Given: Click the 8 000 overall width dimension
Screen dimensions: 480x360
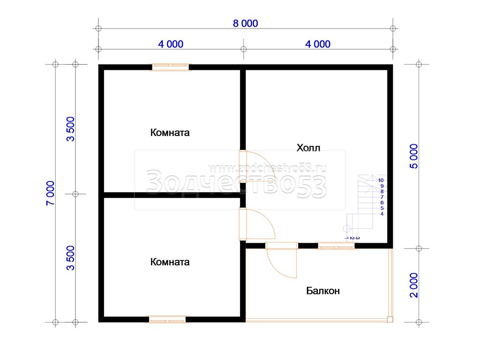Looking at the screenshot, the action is (245, 23).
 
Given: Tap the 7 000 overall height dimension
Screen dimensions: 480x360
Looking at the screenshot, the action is (50, 193).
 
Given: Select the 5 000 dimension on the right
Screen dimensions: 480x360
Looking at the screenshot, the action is (413, 156).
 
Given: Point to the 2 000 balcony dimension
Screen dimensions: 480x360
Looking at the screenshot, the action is (413, 285).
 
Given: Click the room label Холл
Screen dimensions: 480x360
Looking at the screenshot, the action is (308, 148).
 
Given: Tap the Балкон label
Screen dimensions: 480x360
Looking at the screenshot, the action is (323, 291).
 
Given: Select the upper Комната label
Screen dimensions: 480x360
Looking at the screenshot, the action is (170, 133).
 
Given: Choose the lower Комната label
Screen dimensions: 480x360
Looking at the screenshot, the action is (170, 262).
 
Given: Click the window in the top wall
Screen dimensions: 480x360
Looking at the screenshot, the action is (171, 67).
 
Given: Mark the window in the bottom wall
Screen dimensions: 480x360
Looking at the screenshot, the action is (167, 320).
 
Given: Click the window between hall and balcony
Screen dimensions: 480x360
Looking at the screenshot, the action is (336, 246).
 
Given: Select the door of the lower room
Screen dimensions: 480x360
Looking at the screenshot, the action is (257, 224).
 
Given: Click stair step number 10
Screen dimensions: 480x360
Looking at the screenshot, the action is (381, 180).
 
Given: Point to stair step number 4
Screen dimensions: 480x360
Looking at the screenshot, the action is (382, 214).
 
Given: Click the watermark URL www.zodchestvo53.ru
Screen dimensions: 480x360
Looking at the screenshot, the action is (267, 168).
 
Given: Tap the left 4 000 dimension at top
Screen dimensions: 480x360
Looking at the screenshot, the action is (171, 44).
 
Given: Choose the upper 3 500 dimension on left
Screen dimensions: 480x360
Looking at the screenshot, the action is (70, 129).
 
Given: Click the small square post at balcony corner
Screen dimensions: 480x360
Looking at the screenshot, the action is (390, 319).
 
